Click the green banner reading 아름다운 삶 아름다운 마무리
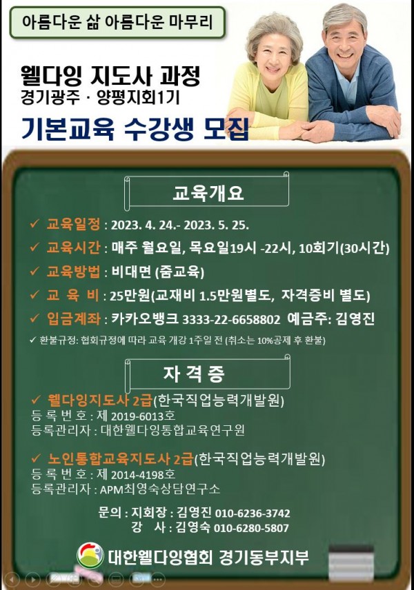[118, 23]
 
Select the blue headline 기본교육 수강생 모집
[134, 128]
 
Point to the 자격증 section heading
[206, 374]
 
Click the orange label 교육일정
[73, 225]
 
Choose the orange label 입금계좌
[73, 319]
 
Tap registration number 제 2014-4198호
[136, 474]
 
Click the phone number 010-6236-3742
[253, 513]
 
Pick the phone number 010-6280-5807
[253, 528]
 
